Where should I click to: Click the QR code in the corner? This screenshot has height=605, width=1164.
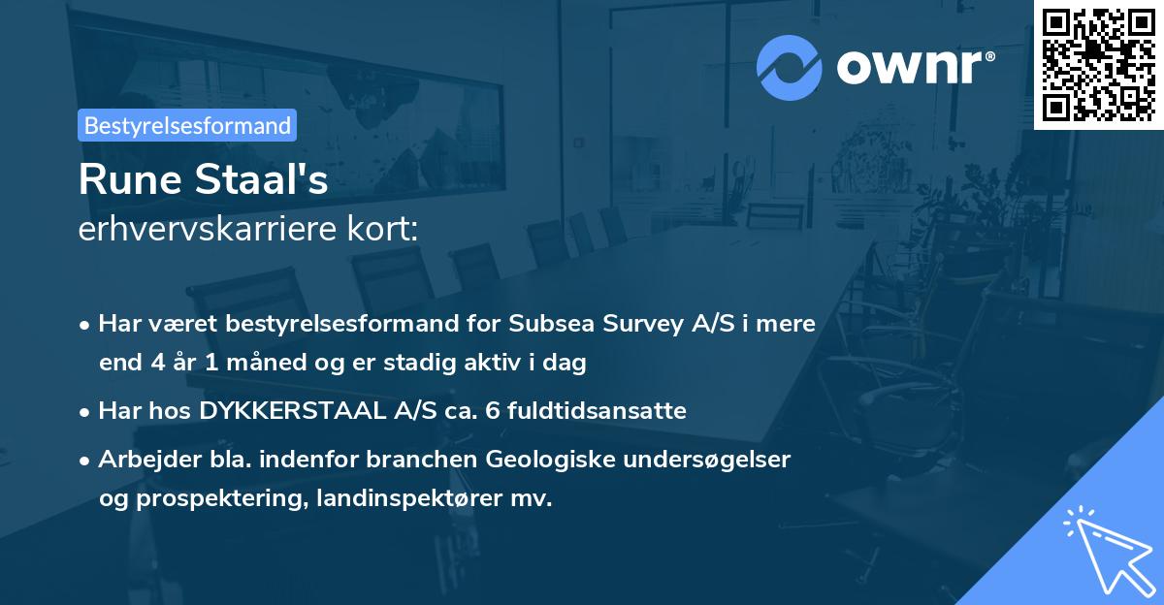point(1098,65)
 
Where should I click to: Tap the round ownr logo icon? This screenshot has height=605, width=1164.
point(790,67)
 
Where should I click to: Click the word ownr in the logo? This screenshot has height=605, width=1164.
point(913,67)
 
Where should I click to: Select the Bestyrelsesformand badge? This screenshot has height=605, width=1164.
point(187,125)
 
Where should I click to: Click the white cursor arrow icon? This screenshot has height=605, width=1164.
point(1106,549)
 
